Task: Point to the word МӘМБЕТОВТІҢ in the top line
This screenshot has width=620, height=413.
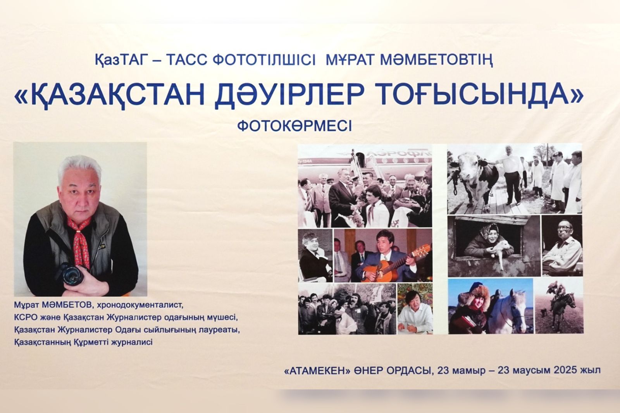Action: (436, 60)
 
